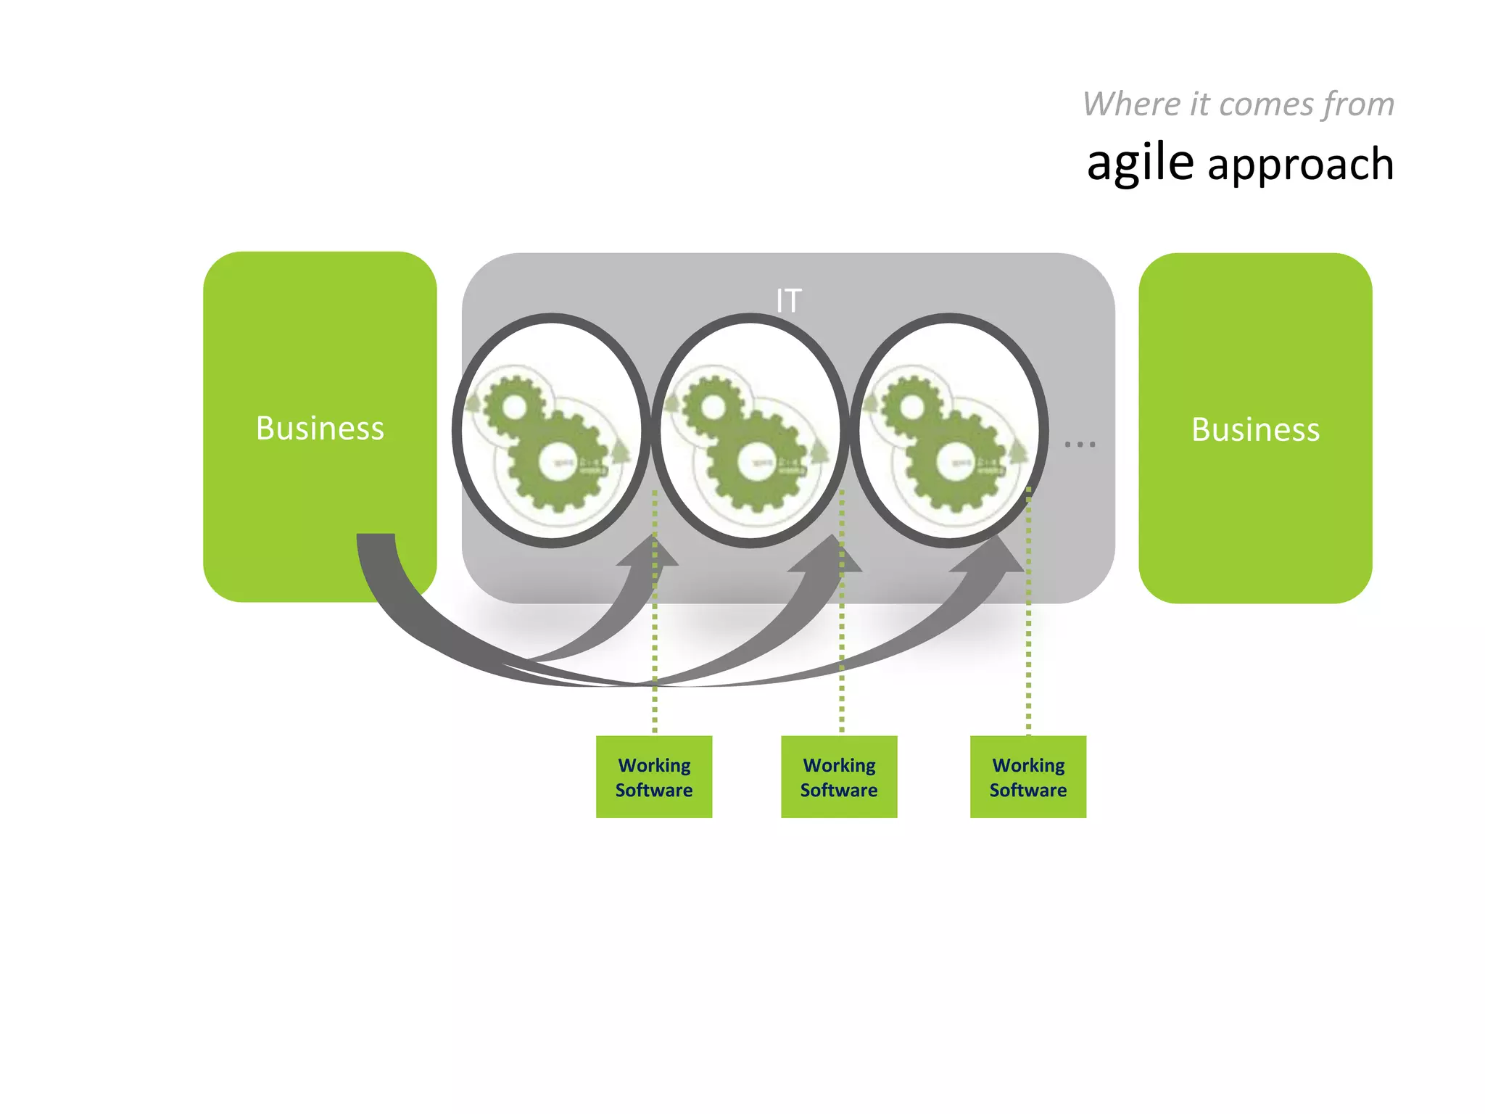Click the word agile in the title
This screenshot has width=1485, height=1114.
point(1140,162)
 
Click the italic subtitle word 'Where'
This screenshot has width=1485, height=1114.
point(1131,104)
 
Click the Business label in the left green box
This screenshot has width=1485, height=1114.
point(320,428)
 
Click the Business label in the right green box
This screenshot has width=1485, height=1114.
point(1255,429)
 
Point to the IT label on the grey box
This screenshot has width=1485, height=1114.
point(788,300)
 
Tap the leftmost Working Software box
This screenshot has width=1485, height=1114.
point(654,777)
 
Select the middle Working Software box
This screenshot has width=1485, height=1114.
point(839,777)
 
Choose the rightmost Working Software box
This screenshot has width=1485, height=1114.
point(1028,777)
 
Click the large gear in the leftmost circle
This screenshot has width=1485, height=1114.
point(555,462)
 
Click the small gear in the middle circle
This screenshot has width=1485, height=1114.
point(713,406)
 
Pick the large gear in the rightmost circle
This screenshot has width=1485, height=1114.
point(951,462)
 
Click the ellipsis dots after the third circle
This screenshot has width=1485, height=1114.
point(1080,444)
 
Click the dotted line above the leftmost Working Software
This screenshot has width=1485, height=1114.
point(655,653)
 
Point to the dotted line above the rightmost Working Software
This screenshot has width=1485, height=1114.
point(1028,653)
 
